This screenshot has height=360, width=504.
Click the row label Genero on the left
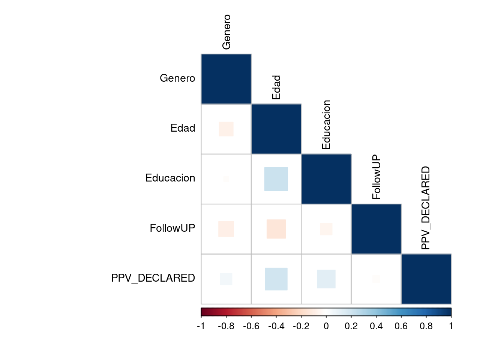177,78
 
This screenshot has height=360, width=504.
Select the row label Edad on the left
183,128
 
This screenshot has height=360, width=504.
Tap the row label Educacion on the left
170,178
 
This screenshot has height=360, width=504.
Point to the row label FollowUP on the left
172,228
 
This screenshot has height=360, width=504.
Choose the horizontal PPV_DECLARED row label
153,278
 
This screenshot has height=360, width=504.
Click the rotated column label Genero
226,32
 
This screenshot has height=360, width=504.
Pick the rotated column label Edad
276,87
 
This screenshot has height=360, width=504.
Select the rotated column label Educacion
326,124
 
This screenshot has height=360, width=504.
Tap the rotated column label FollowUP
376,177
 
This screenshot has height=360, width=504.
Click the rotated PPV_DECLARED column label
426,208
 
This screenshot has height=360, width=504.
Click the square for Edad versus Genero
226,129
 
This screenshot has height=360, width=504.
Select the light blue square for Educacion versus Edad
276,179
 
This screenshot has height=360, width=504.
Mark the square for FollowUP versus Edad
276,229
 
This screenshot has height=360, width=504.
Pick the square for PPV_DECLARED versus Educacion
326,279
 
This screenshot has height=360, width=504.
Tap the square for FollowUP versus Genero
226,229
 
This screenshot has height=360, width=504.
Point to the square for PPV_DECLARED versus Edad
276,279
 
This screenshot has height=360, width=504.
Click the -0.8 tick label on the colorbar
226,326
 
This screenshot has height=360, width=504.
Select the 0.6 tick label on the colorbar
401,326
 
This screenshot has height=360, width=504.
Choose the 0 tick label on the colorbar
326,326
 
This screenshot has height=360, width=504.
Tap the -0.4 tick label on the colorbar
276,326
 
